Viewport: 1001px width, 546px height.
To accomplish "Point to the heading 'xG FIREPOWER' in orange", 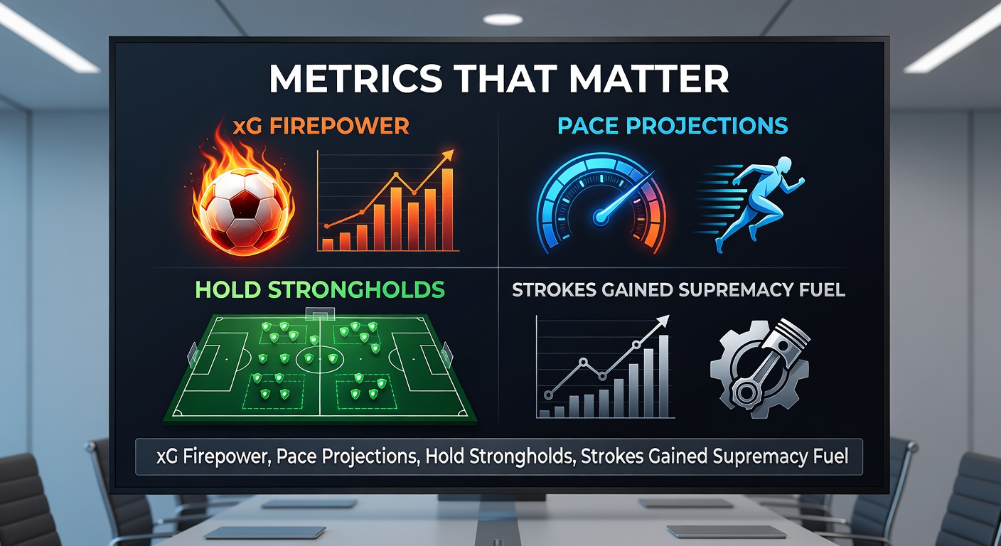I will coord(321,127).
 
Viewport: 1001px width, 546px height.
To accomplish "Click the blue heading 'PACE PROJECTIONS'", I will coord(673,126).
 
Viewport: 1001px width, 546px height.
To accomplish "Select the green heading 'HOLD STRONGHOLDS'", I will coord(320,290).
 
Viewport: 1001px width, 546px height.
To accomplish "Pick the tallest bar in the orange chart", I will coord(447,210).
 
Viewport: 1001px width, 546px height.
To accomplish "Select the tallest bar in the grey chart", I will coord(663,375).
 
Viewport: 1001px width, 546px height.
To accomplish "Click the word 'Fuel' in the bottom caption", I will coord(828,456).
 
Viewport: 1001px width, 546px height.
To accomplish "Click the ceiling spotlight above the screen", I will coord(503,19).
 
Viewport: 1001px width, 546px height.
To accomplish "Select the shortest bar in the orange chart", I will coord(328,244).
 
